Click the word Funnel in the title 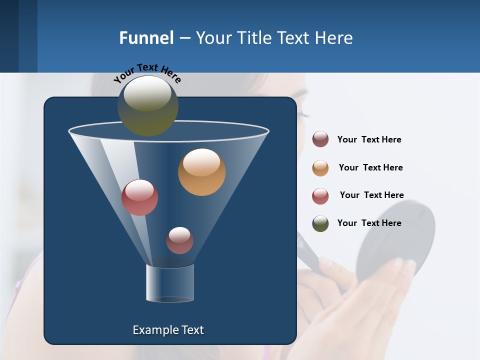tap(146, 38)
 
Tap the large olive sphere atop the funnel tap(148, 105)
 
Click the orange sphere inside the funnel tap(201, 172)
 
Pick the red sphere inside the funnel tap(139, 197)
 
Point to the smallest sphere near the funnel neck tap(179, 240)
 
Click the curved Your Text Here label tap(147, 72)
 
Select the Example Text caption tap(168, 330)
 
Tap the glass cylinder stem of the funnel tap(170, 283)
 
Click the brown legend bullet tap(320, 139)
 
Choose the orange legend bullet tap(320, 168)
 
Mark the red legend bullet tap(320, 196)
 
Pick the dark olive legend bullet tap(320, 223)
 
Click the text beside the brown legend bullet tap(369, 139)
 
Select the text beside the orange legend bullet tap(370, 167)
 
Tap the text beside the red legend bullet tap(371, 195)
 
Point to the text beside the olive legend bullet tap(369, 223)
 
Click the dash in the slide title tap(184, 38)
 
